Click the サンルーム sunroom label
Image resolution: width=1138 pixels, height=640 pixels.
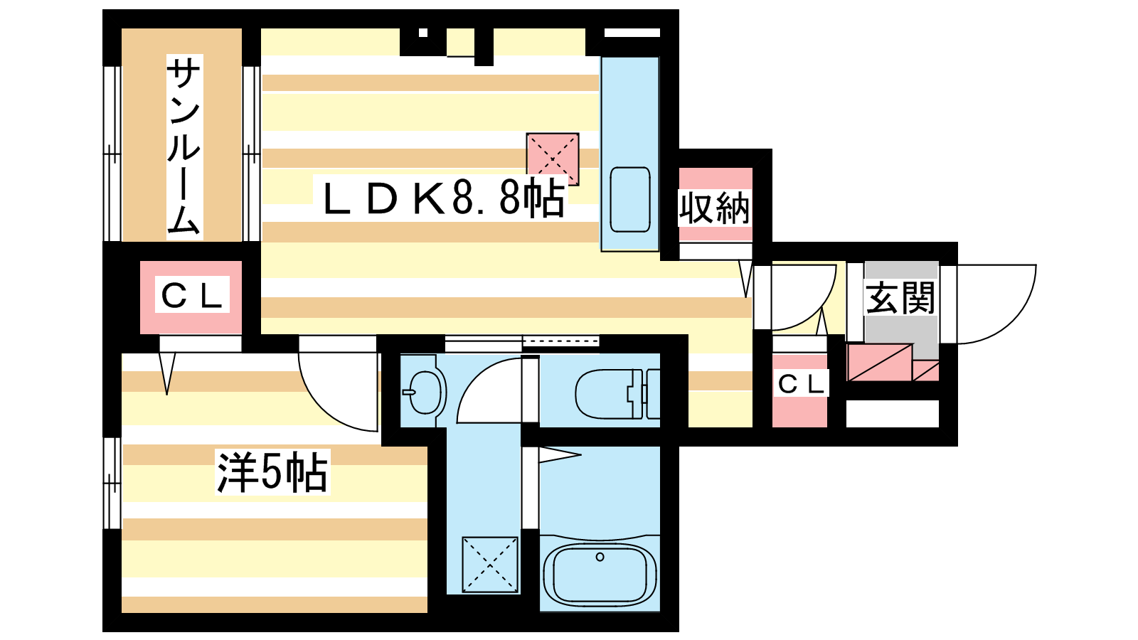(x=184, y=147)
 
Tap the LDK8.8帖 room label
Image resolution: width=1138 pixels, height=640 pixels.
(x=444, y=198)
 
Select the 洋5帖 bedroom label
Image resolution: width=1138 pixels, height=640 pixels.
(x=272, y=472)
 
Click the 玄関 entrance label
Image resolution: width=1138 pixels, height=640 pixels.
(x=900, y=298)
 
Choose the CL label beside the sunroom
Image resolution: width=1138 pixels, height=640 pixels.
(x=192, y=295)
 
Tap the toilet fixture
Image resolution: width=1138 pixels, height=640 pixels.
(x=618, y=394)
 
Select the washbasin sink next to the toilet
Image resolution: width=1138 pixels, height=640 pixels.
(x=425, y=392)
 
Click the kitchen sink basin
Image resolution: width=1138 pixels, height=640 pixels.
(x=630, y=200)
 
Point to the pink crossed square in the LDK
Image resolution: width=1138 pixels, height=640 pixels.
(x=553, y=159)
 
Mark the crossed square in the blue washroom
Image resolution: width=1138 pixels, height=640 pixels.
(x=490, y=565)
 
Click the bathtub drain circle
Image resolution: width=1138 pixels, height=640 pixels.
(x=600, y=558)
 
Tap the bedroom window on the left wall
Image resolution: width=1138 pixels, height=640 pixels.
(x=112, y=483)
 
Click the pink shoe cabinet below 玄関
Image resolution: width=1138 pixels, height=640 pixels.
(x=893, y=363)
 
